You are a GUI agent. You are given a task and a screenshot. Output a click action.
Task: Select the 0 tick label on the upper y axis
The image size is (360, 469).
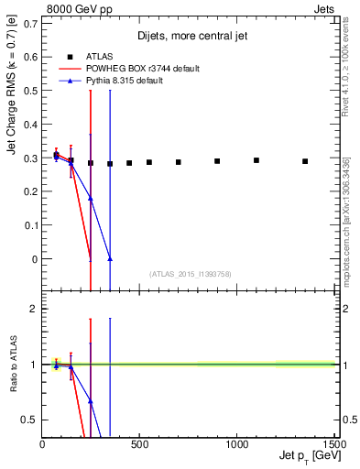point(35,259)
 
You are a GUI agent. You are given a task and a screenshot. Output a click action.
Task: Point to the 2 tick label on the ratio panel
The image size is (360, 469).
point(35,310)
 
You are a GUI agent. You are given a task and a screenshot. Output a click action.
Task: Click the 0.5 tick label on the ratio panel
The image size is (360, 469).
point(30,420)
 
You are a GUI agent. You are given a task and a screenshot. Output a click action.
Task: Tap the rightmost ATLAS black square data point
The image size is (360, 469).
point(305,161)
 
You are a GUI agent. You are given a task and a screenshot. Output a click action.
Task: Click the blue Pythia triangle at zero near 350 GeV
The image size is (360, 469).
point(110,259)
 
